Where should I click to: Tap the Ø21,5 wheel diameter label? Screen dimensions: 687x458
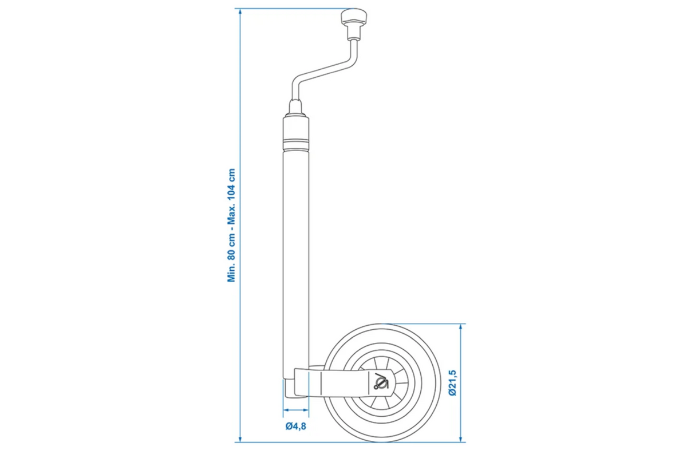[452, 382]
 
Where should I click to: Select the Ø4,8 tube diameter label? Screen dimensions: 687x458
[295, 426]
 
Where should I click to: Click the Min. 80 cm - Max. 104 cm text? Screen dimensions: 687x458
[231, 225]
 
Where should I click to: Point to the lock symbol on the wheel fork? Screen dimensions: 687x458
[381, 381]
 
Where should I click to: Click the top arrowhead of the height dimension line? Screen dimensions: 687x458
[240, 12]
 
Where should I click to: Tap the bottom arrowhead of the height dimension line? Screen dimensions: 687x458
[240, 439]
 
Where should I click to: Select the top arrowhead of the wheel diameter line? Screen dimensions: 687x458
[460, 327]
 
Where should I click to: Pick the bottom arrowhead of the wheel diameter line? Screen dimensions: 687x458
[460, 439]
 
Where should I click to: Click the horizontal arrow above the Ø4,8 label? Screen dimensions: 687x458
[295, 410]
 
